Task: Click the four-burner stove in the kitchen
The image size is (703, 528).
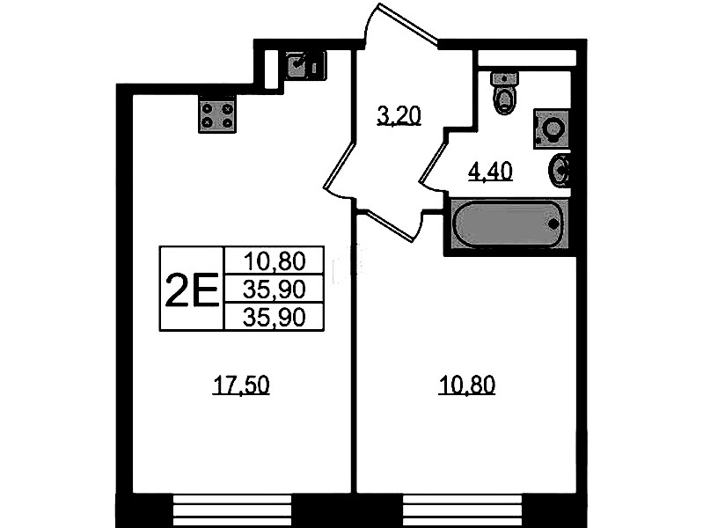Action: click(x=217, y=115)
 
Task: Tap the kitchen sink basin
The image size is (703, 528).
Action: click(x=297, y=65)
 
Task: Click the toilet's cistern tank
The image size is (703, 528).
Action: click(x=505, y=79)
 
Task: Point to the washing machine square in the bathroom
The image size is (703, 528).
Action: click(x=552, y=128)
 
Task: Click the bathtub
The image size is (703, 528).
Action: click(x=509, y=223)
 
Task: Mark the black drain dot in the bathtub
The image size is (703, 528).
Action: click(x=553, y=223)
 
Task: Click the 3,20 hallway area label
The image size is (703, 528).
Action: click(x=399, y=116)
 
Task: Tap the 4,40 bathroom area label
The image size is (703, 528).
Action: click(x=490, y=172)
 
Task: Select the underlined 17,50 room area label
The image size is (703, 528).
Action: click(x=241, y=385)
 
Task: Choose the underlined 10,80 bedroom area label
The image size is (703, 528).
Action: click(x=466, y=385)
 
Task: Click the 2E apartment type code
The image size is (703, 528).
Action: click(x=192, y=290)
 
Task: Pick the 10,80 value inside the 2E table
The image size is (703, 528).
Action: click(x=274, y=260)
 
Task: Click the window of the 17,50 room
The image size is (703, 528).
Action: click(x=232, y=510)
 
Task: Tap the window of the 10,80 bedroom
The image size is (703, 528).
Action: click(x=462, y=510)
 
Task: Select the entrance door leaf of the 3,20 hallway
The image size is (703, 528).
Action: click(x=408, y=24)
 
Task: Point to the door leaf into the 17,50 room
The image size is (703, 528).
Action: click(x=340, y=165)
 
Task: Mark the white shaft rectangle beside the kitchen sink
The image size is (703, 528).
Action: click(x=271, y=70)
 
